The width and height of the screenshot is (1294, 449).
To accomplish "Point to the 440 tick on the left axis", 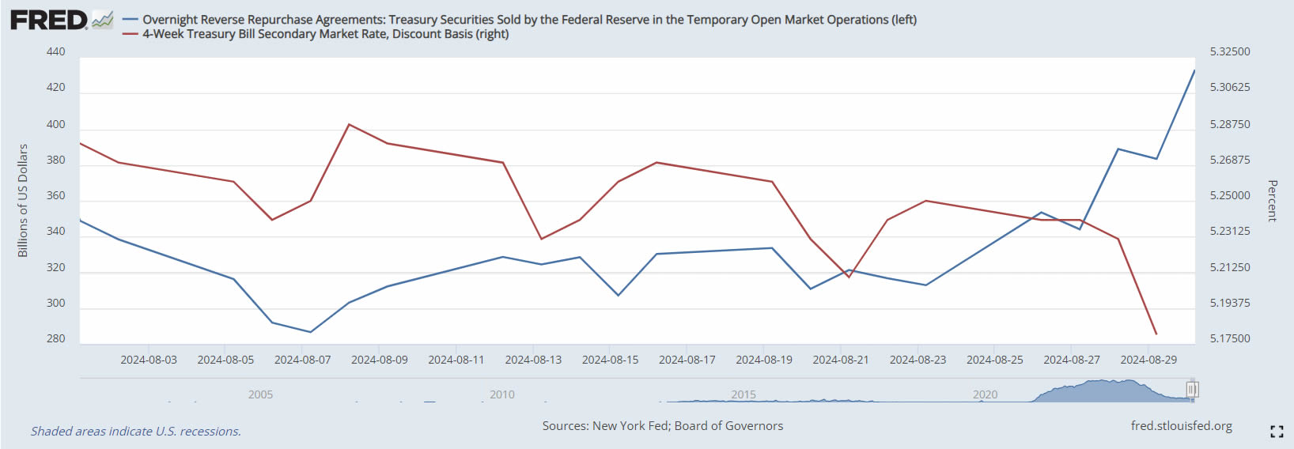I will pos(56,52).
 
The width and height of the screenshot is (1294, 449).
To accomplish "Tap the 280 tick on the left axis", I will pos(56,339).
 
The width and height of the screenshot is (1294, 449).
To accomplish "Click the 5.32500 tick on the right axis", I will pos(1230,52).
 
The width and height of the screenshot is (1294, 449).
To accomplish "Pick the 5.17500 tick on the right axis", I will pos(1230,339).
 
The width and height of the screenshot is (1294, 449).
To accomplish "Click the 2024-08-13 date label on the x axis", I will pos(533,360).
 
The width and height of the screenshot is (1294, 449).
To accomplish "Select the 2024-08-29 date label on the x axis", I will pos(1148,360).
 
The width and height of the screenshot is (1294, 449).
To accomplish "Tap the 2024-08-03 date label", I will pos(149,360).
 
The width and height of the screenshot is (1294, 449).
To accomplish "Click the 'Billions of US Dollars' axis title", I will pos(23,201).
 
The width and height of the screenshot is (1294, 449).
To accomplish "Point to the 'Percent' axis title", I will pos(1273,201).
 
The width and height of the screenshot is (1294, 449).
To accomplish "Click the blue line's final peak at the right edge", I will pos(1194,70).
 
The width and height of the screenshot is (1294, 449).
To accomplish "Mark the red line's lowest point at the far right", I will pos(1156,334).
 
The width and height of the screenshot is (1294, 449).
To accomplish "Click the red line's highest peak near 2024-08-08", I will pos(349,124).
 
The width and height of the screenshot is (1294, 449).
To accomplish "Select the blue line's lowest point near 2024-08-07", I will pos(310,332).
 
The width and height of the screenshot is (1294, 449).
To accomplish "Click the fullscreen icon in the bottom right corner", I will pos(1277,431).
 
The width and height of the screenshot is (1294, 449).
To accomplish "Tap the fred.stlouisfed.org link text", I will pos(1181,426).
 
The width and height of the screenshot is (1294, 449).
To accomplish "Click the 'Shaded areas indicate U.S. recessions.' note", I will pos(136,432).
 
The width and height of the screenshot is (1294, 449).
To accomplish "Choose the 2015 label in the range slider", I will pos(743,394).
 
